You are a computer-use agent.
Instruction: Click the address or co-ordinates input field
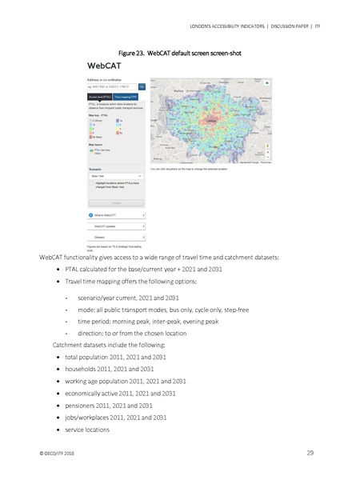tap(111, 86)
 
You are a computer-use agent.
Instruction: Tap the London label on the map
tap(211, 122)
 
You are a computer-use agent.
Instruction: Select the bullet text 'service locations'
tap(88, 430)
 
